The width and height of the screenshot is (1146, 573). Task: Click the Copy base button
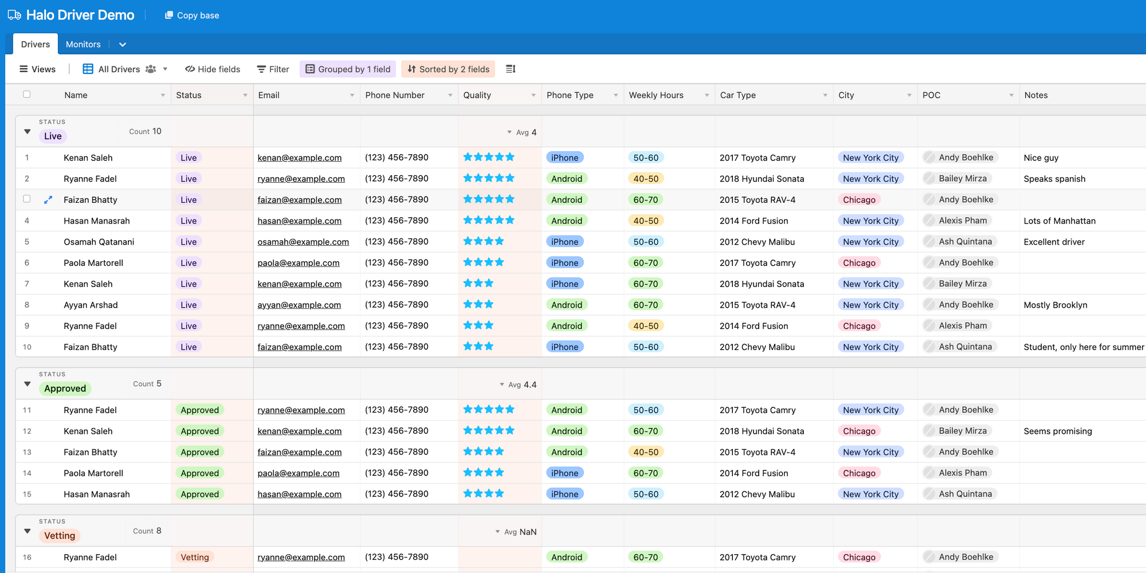[192, 15]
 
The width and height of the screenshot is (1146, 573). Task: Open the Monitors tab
[83, 44]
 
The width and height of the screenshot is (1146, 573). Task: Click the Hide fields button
[213, 69]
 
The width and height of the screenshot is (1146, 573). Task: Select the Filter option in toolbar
[273, 69]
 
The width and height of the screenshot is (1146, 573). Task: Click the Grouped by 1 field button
[348, 69]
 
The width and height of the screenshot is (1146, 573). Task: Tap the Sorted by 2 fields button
[448, 69]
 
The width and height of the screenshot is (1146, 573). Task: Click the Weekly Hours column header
[656, 95]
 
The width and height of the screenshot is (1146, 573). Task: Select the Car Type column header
[738, 95]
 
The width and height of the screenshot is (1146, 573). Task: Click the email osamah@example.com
[303, 242]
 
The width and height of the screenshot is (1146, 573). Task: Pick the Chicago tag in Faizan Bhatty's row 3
[859, 200]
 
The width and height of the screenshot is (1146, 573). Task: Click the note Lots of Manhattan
[1059, 221]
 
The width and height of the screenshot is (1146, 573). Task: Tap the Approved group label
[65, 388]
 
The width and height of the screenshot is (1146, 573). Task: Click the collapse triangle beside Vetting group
[27, 531]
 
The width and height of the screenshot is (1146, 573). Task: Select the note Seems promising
[1058, 431]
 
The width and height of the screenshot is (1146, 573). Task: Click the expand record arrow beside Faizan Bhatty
[48, 200]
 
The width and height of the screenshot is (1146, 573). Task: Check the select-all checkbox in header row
[26, 95]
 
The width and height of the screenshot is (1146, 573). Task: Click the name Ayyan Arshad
[91, 305]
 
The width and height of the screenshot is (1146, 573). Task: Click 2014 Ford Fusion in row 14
[753, 473]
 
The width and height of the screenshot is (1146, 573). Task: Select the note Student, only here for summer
[1084, 347]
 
